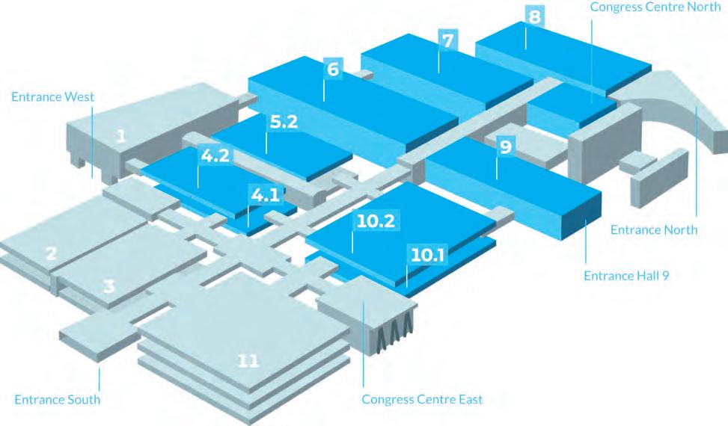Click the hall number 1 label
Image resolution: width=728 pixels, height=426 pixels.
(121, 137)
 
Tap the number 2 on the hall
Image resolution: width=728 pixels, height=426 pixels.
(51, 253)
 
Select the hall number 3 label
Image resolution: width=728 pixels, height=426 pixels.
(109, 285)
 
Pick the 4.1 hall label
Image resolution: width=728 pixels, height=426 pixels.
(265, 197)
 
